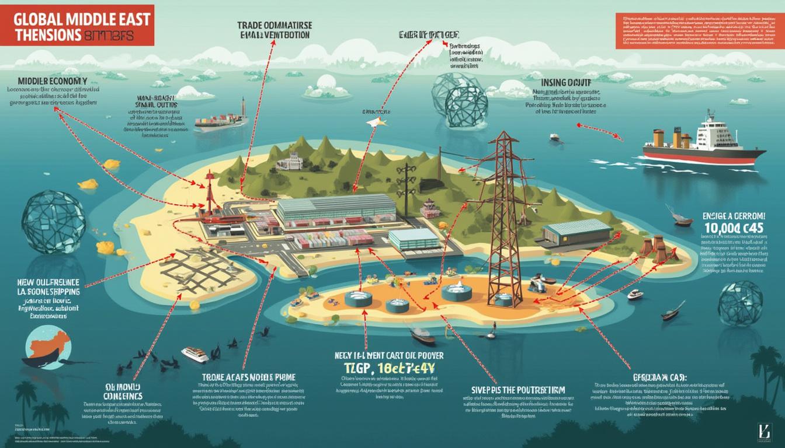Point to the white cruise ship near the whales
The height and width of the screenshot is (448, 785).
[x=195, y=353]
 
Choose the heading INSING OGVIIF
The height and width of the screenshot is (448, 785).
[x=567, y=83]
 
